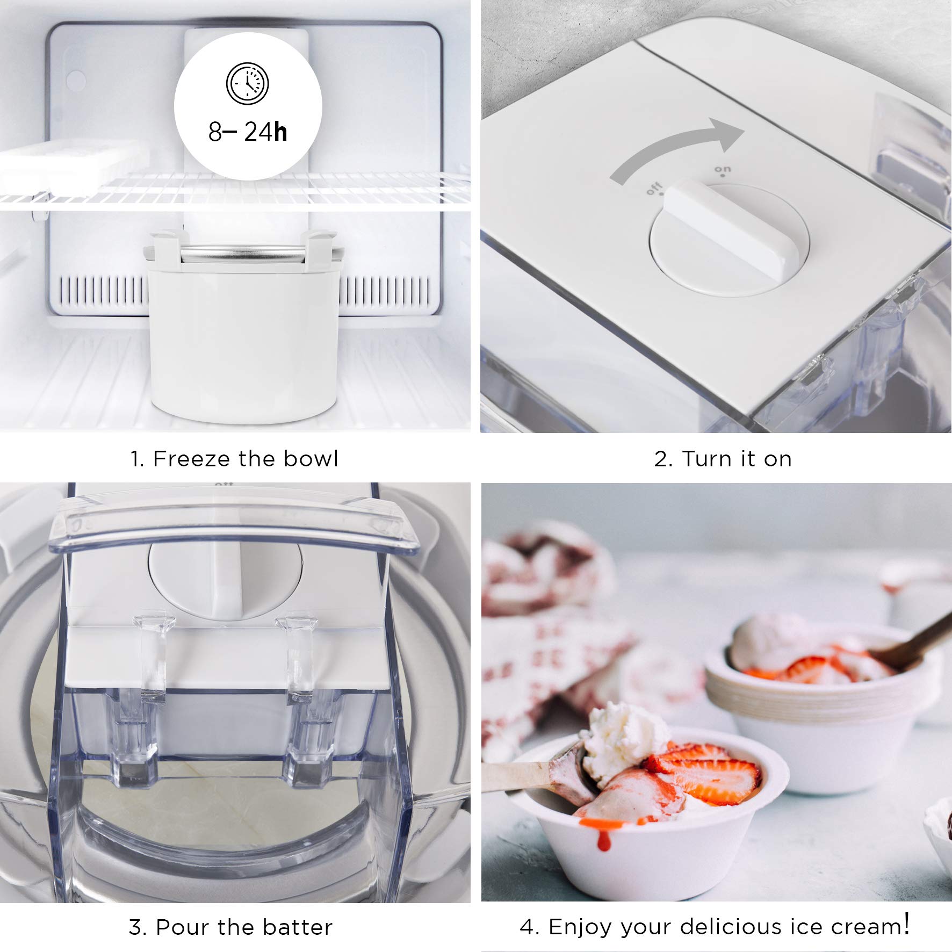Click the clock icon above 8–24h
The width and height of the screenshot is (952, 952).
(x=247, y=84)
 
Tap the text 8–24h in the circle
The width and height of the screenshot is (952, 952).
(x=248, y=132)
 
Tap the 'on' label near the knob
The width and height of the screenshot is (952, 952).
(x=722, y=170)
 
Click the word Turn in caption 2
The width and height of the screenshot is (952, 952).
(x=706, y=459)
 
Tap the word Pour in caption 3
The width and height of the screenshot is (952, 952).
(x=182, y=927)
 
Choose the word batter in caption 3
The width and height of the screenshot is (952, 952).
(x=298, y=927)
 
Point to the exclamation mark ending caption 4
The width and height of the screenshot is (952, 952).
(x=907, y=924)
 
